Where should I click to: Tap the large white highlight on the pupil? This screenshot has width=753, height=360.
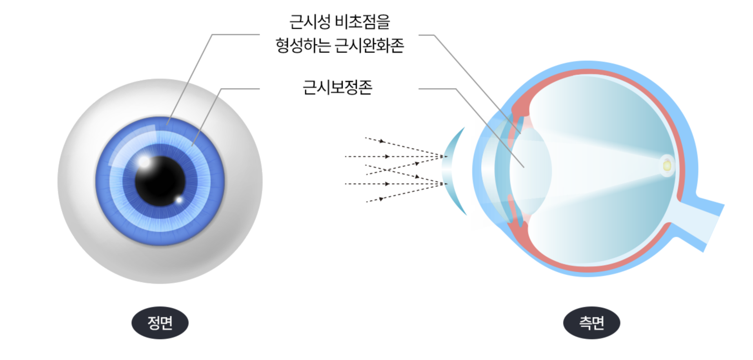(144, 162)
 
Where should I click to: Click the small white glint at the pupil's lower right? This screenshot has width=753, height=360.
(179, 200)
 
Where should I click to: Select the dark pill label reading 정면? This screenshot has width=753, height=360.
(160, 323)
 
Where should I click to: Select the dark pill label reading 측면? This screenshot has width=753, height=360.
(591, 323)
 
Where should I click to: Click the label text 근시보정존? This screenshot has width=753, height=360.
(337, 87)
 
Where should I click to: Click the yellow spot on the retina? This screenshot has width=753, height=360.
(667, 166)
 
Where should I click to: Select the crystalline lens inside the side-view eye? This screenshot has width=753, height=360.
(531, 171)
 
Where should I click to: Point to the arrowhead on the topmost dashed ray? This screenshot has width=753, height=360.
(382, 141)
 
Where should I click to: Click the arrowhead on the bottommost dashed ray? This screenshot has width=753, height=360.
(381, 199)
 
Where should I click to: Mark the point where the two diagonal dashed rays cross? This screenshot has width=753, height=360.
(386, 170)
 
